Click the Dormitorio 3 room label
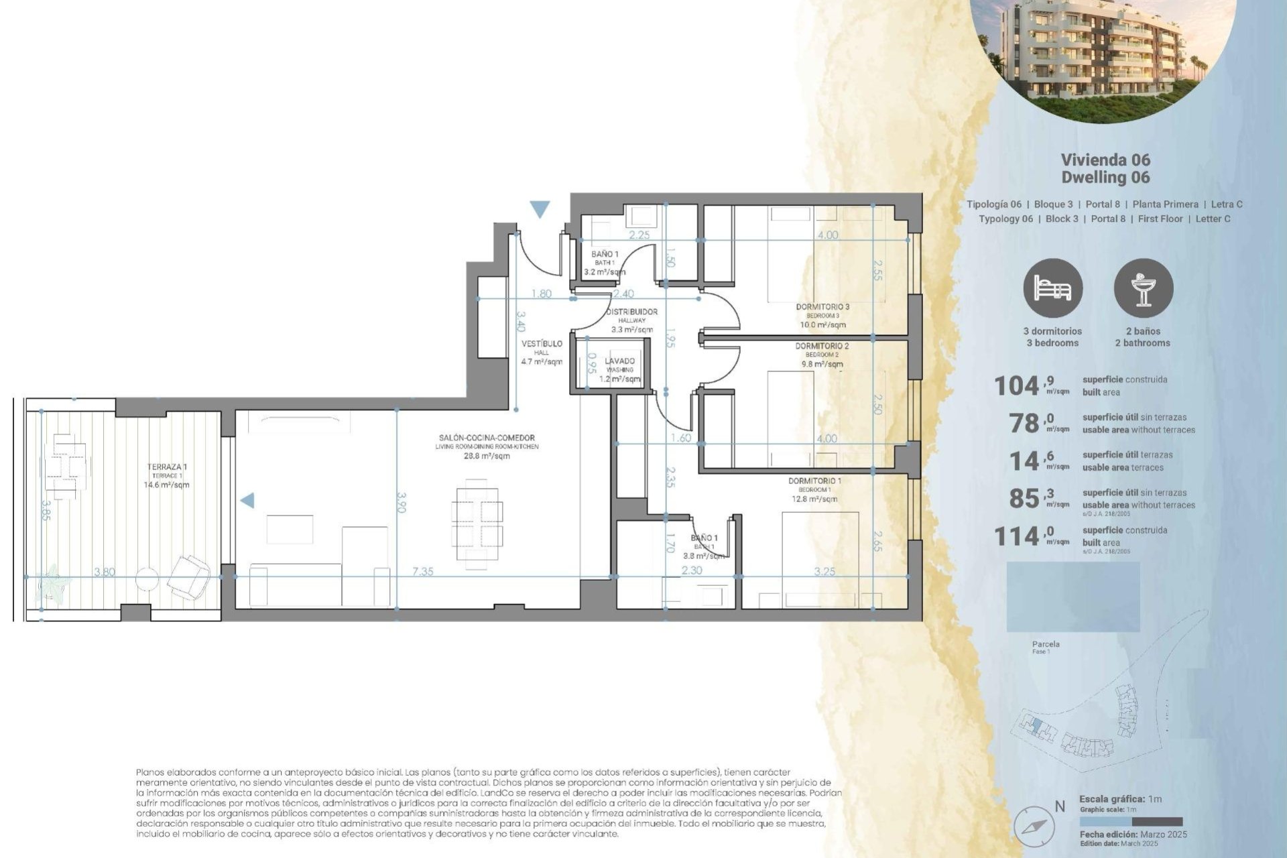(x=822, y=307)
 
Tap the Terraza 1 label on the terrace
(x=167, y=467)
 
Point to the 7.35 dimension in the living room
(x=422, y=572)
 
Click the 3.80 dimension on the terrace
(x=105, y=572)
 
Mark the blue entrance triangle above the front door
(x=540, y=210)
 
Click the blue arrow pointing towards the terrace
(x=247, y=500)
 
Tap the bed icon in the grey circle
(x=1052, y=288)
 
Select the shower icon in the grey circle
(x=1144, y=288)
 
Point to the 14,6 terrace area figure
(x=1026, y=461)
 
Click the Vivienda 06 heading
(x=1105, y=160)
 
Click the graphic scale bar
(x=1131, y=822)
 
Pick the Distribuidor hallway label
(x=631, y=312)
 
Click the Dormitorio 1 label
(x=814, y=481)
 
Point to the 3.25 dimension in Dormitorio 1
(x=824, y=572)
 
